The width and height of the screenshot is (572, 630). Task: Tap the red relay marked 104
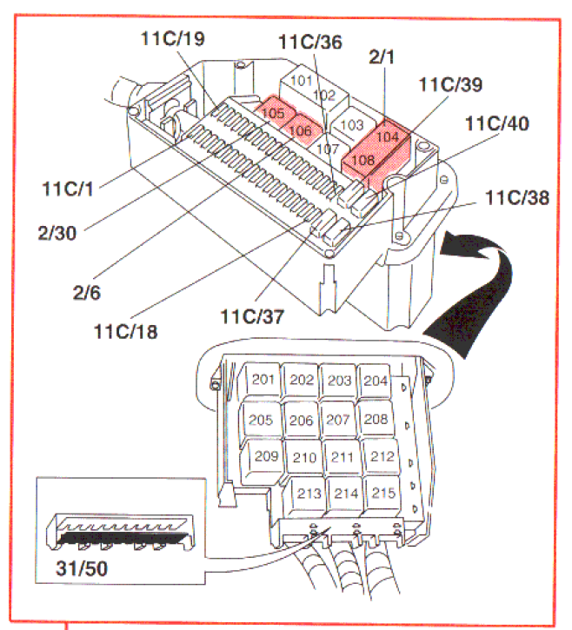click(388, 136)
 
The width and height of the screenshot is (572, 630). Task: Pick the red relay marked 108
click(363, 159)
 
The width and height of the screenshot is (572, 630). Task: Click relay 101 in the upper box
click(302, 81)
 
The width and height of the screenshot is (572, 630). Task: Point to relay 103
click(351, 124)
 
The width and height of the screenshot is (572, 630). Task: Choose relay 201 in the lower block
click(263, 381)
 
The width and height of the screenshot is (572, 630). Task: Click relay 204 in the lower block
click(375, 381)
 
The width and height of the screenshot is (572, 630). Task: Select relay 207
click(337, 419)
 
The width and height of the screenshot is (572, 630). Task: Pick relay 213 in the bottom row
click(309, 494)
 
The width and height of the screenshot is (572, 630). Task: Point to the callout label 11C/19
click(173, 38)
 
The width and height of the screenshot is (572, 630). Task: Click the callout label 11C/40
click(496, 124)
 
